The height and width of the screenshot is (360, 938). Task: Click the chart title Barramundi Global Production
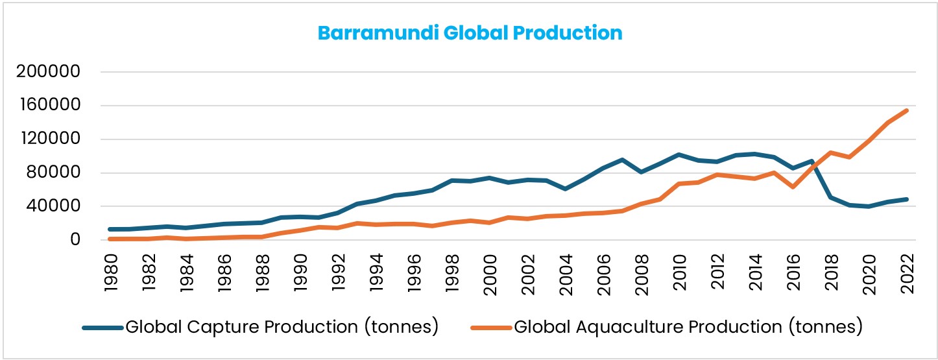(470, 33)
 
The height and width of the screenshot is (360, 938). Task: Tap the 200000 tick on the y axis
(48, 72)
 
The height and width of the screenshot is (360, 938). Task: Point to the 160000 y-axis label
(48, 106)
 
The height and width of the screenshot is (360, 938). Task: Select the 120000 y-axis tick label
(48, 139)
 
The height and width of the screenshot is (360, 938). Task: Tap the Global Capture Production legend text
(282, 327)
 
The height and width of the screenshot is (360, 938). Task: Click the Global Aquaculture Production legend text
(688, 327)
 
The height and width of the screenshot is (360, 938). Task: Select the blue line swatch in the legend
(102, 328)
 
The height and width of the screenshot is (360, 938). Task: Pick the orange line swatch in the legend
(491, 328)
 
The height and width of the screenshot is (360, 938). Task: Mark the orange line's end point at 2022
(906, 110)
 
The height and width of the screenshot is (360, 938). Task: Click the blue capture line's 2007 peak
(622, 160)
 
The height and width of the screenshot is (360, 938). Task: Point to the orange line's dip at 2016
(792, 187)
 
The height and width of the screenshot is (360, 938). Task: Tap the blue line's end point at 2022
(906, 199)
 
